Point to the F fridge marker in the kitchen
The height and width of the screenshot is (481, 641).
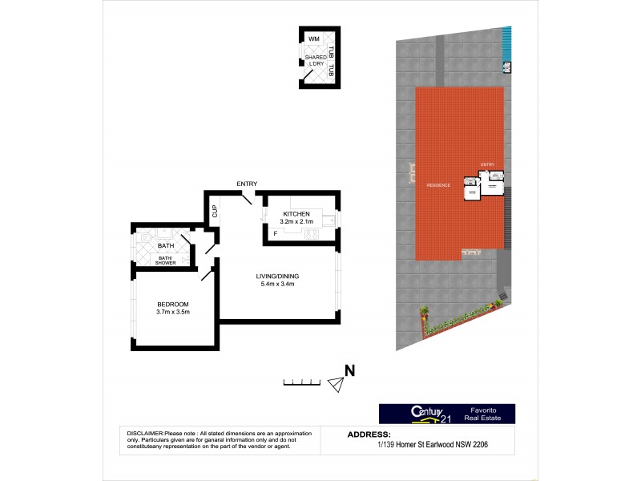275,234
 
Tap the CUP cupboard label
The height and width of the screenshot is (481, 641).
215,212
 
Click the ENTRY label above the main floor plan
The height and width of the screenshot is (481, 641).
247,184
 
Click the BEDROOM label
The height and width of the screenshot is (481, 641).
172,304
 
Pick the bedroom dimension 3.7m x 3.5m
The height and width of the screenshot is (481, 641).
172,313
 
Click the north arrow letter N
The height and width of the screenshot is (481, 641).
349,370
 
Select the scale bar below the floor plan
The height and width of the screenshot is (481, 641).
303,383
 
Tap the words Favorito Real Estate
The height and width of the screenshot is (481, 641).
490,413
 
